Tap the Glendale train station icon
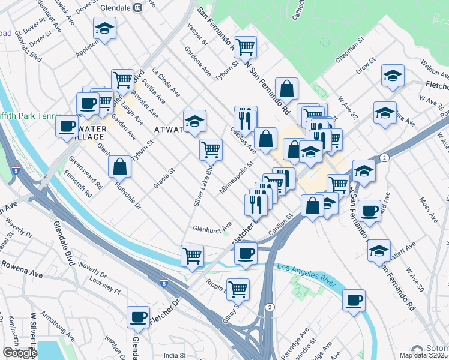pos(138,7)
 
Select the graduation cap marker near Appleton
pos(104,28)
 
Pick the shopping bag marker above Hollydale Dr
pos(120,167)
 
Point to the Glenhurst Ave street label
pos(212,228)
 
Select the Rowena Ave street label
pos(22,268)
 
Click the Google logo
pos(19,353)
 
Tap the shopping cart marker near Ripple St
pos(238,289)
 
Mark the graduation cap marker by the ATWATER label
pos(194,121)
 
